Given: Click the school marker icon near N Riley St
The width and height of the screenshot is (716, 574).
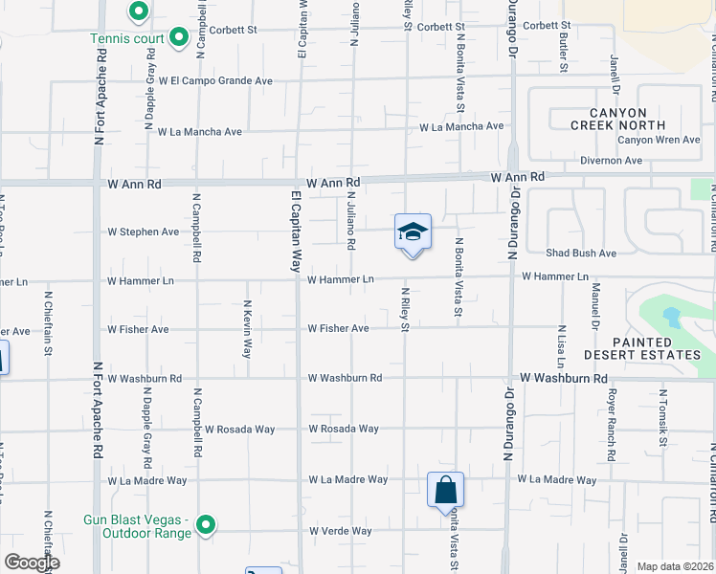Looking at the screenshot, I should [413, 232].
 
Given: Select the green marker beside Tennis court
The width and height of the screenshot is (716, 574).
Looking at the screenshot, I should [178, 38].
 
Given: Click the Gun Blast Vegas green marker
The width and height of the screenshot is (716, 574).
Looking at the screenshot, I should [205, 524].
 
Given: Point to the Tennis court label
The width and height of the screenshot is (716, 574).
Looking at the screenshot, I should [127, 39].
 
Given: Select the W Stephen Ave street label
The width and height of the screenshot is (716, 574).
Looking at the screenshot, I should [144, 232].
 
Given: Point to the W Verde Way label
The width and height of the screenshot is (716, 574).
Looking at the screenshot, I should [339, 531].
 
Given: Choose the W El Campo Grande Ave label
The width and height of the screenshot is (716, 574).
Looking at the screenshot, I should [216, 81].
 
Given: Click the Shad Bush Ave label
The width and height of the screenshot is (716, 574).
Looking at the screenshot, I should [580, 254].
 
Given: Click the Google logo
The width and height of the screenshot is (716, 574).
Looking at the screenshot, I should [31, 563].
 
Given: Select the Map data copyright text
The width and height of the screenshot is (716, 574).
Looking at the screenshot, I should [676, 566].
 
